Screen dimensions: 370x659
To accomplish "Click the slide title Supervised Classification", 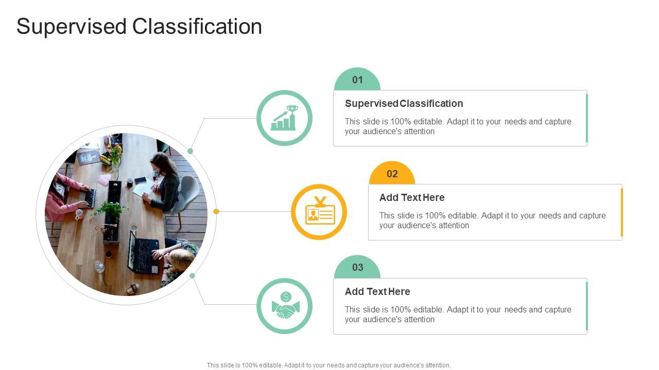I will click(x=139, y=27).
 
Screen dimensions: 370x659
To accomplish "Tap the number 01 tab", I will click(x=357, y=80).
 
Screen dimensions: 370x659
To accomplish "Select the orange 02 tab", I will click(x=392, y=174).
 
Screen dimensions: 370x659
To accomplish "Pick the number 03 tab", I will click(x=357, y=268).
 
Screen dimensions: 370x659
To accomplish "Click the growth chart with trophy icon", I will click(x=284, y=118).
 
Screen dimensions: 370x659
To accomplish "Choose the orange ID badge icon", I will click(x=319, y=212).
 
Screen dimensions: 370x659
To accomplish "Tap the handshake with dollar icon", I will click(x=284, y=306).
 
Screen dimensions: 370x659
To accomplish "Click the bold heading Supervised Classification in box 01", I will click(x=404, y=104).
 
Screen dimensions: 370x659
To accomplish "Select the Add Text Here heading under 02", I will click(x=412, y=198).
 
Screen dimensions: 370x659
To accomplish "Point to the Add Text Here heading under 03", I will click(x=377, y=292).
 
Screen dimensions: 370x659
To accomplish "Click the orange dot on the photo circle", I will click(x=216, y=211).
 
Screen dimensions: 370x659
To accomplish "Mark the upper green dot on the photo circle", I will click(x=190, y=151).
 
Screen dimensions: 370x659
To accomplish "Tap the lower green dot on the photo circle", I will click(x=192, y=276).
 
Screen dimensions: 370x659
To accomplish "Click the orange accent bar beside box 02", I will click(x=622, y=212).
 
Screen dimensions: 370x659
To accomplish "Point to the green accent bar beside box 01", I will click(x=587, y=118).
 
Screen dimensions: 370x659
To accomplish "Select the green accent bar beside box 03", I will click(x=587, y=306).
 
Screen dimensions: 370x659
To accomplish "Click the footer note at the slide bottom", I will click(x=329, y=365).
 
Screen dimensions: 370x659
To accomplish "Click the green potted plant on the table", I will click(x=109, y=210).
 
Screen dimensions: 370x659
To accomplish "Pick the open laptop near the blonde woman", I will click(x=140, y=253).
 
